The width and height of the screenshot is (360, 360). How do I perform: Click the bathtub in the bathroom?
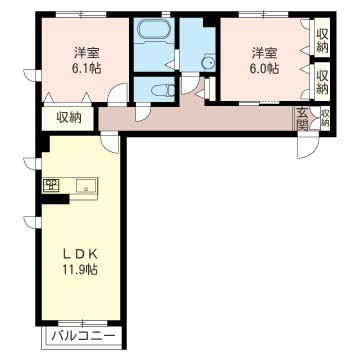click(154, 30)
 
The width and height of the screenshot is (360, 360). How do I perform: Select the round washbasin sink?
click(208, 62)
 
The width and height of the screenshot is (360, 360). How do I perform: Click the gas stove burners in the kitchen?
click(51, 185)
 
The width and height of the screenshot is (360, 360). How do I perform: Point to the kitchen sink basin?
click(86, 185)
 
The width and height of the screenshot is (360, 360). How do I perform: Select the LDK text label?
click(80, 255)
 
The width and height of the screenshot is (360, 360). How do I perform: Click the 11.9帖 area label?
click(80, 269)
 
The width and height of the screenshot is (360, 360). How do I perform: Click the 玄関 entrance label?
click(302, 118)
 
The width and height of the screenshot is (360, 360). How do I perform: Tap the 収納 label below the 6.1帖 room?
click(69, 117)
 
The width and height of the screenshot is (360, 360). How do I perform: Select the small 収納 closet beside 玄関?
click(325, 118)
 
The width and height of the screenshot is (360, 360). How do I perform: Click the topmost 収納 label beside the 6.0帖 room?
click(322, 41)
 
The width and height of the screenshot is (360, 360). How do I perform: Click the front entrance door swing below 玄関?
click(308, 147)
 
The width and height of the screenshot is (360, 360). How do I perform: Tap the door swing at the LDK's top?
click(110, 143)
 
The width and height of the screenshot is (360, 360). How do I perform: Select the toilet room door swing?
click(143, 112)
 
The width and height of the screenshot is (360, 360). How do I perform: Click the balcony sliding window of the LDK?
click(83, 323)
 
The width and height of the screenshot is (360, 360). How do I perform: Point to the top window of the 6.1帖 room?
click(81, 14)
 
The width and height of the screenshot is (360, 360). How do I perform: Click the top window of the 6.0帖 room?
click(263, 14)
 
